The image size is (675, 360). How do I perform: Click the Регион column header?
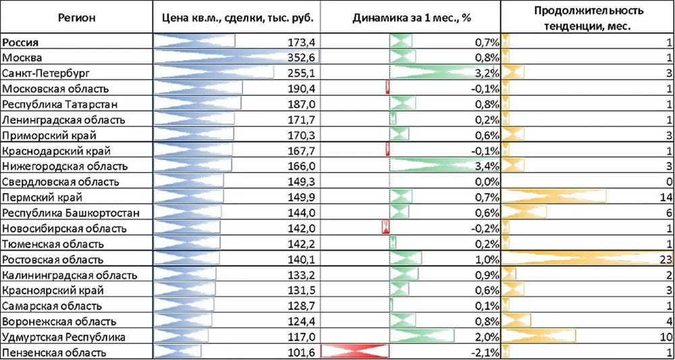(76, 16)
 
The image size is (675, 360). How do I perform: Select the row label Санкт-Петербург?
(46, 72)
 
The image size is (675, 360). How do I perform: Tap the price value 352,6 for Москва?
(300, 57)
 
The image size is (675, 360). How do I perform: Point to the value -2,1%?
(484, 352)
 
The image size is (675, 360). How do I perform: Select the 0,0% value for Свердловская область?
(485, 182)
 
